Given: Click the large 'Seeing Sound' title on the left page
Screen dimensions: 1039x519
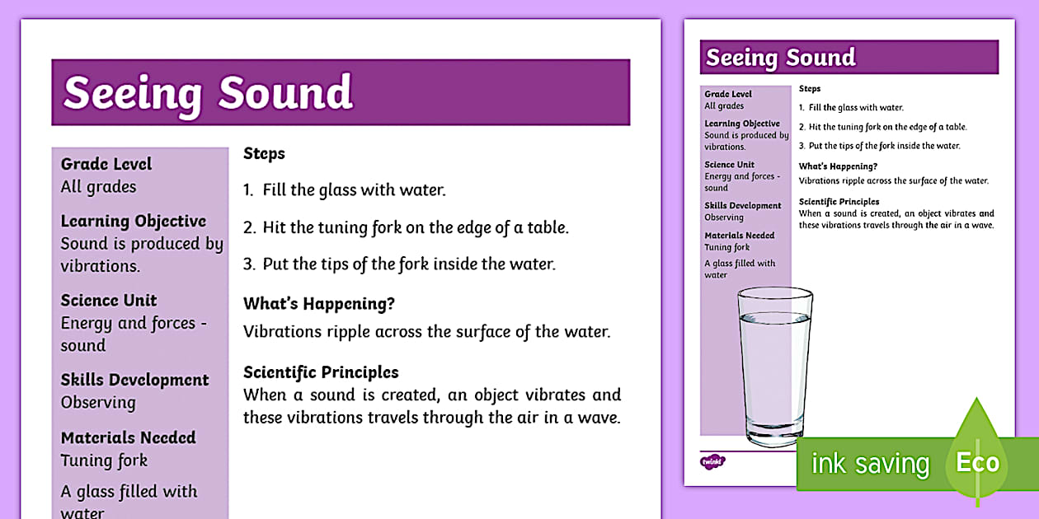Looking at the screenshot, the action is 208,92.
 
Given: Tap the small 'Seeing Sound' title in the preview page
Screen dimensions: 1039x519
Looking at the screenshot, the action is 781,58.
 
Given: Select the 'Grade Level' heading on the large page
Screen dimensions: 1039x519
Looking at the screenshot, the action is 106,164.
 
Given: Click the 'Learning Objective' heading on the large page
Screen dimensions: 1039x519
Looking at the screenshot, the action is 134,221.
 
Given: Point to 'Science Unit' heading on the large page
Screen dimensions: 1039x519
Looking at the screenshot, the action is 108,301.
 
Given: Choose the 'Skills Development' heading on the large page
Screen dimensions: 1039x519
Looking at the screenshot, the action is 134,380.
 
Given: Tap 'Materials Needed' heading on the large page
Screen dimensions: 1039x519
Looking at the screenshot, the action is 128,437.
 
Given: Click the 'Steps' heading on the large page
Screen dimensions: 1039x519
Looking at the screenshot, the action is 264,153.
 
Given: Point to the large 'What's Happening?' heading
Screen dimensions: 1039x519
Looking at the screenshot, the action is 319,304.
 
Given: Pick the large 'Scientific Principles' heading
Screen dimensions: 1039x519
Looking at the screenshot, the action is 321,372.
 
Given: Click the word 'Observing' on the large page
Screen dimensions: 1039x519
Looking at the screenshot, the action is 98,403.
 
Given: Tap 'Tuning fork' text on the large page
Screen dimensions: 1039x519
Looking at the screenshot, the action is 104,461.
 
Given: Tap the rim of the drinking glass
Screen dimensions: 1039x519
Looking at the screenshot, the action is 774,294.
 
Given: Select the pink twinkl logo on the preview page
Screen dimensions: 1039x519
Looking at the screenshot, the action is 712,461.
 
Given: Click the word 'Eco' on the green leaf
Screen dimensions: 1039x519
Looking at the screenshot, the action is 977,463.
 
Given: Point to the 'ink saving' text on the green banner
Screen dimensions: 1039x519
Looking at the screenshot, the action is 870,464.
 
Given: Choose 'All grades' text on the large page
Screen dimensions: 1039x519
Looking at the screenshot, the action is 98,187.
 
